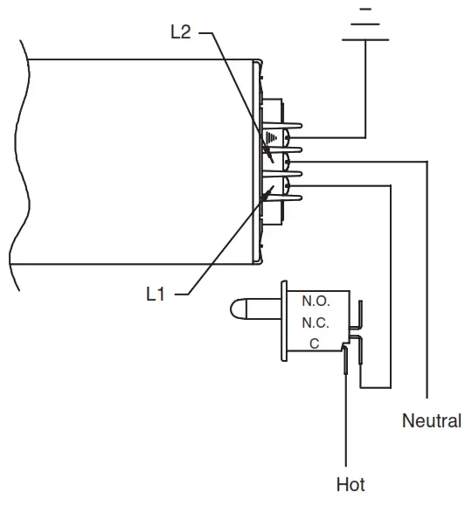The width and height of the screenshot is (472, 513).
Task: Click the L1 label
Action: point(155,295)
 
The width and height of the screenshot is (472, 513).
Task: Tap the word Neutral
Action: point(431,421)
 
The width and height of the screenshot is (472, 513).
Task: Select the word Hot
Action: point(350,484)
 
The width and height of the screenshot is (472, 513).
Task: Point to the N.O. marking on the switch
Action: point(316,301)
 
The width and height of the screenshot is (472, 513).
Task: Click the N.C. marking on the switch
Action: point(316,322)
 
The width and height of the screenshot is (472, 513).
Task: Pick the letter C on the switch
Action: point(315,343)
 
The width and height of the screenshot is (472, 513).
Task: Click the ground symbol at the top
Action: point(364,26)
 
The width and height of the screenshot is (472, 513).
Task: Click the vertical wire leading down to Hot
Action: point(348,419)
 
